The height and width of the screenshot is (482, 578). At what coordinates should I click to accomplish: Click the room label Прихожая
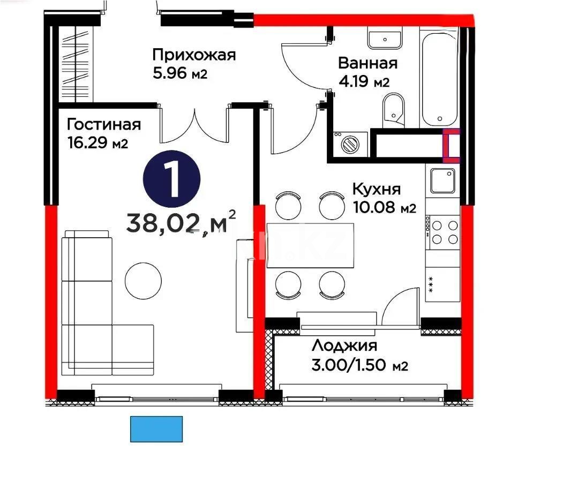(x=194, y=55)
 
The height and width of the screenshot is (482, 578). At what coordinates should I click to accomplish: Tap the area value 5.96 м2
(x=179, y=73)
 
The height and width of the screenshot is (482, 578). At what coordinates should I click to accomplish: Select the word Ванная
(x=367, y=63)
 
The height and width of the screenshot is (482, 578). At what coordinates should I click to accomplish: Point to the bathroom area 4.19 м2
(x=364, y=82)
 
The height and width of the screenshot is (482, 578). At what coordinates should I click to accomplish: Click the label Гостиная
(x=104, y=125)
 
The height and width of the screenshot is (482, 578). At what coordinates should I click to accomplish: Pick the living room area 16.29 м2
(x=97, y=144)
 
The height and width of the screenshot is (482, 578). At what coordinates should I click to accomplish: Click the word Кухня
(x=376, y=189)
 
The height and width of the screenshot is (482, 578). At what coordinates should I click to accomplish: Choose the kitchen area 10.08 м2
(x=384, y=208)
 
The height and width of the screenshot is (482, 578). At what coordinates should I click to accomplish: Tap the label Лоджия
(x=344, y=345)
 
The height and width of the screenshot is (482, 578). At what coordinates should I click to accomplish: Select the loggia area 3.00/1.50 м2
(x=360, y=366)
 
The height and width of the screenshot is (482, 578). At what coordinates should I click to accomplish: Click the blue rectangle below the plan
(x=156, y=429)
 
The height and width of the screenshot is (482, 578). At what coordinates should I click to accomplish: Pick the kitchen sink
(x=442, y=180)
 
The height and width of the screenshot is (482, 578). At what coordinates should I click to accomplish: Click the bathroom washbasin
(x=385, y=39)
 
